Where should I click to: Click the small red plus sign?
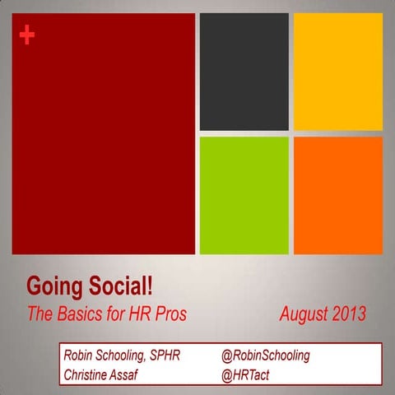26,35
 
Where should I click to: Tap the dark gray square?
244,72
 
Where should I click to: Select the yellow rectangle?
337,72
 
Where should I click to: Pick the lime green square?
244,195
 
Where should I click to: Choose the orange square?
337,195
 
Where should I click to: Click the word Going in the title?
53,287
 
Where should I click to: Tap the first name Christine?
90,374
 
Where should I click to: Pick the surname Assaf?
138,374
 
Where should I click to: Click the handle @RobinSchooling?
265,355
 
